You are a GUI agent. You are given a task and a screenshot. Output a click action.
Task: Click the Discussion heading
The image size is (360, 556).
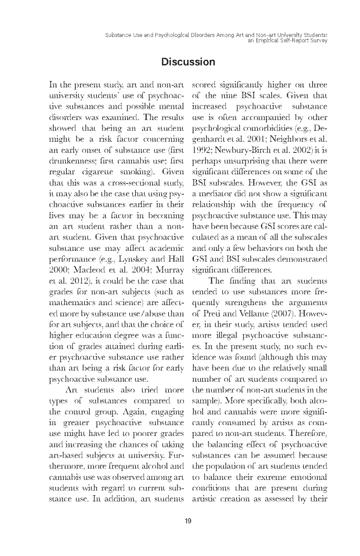(x=188, y=62)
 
